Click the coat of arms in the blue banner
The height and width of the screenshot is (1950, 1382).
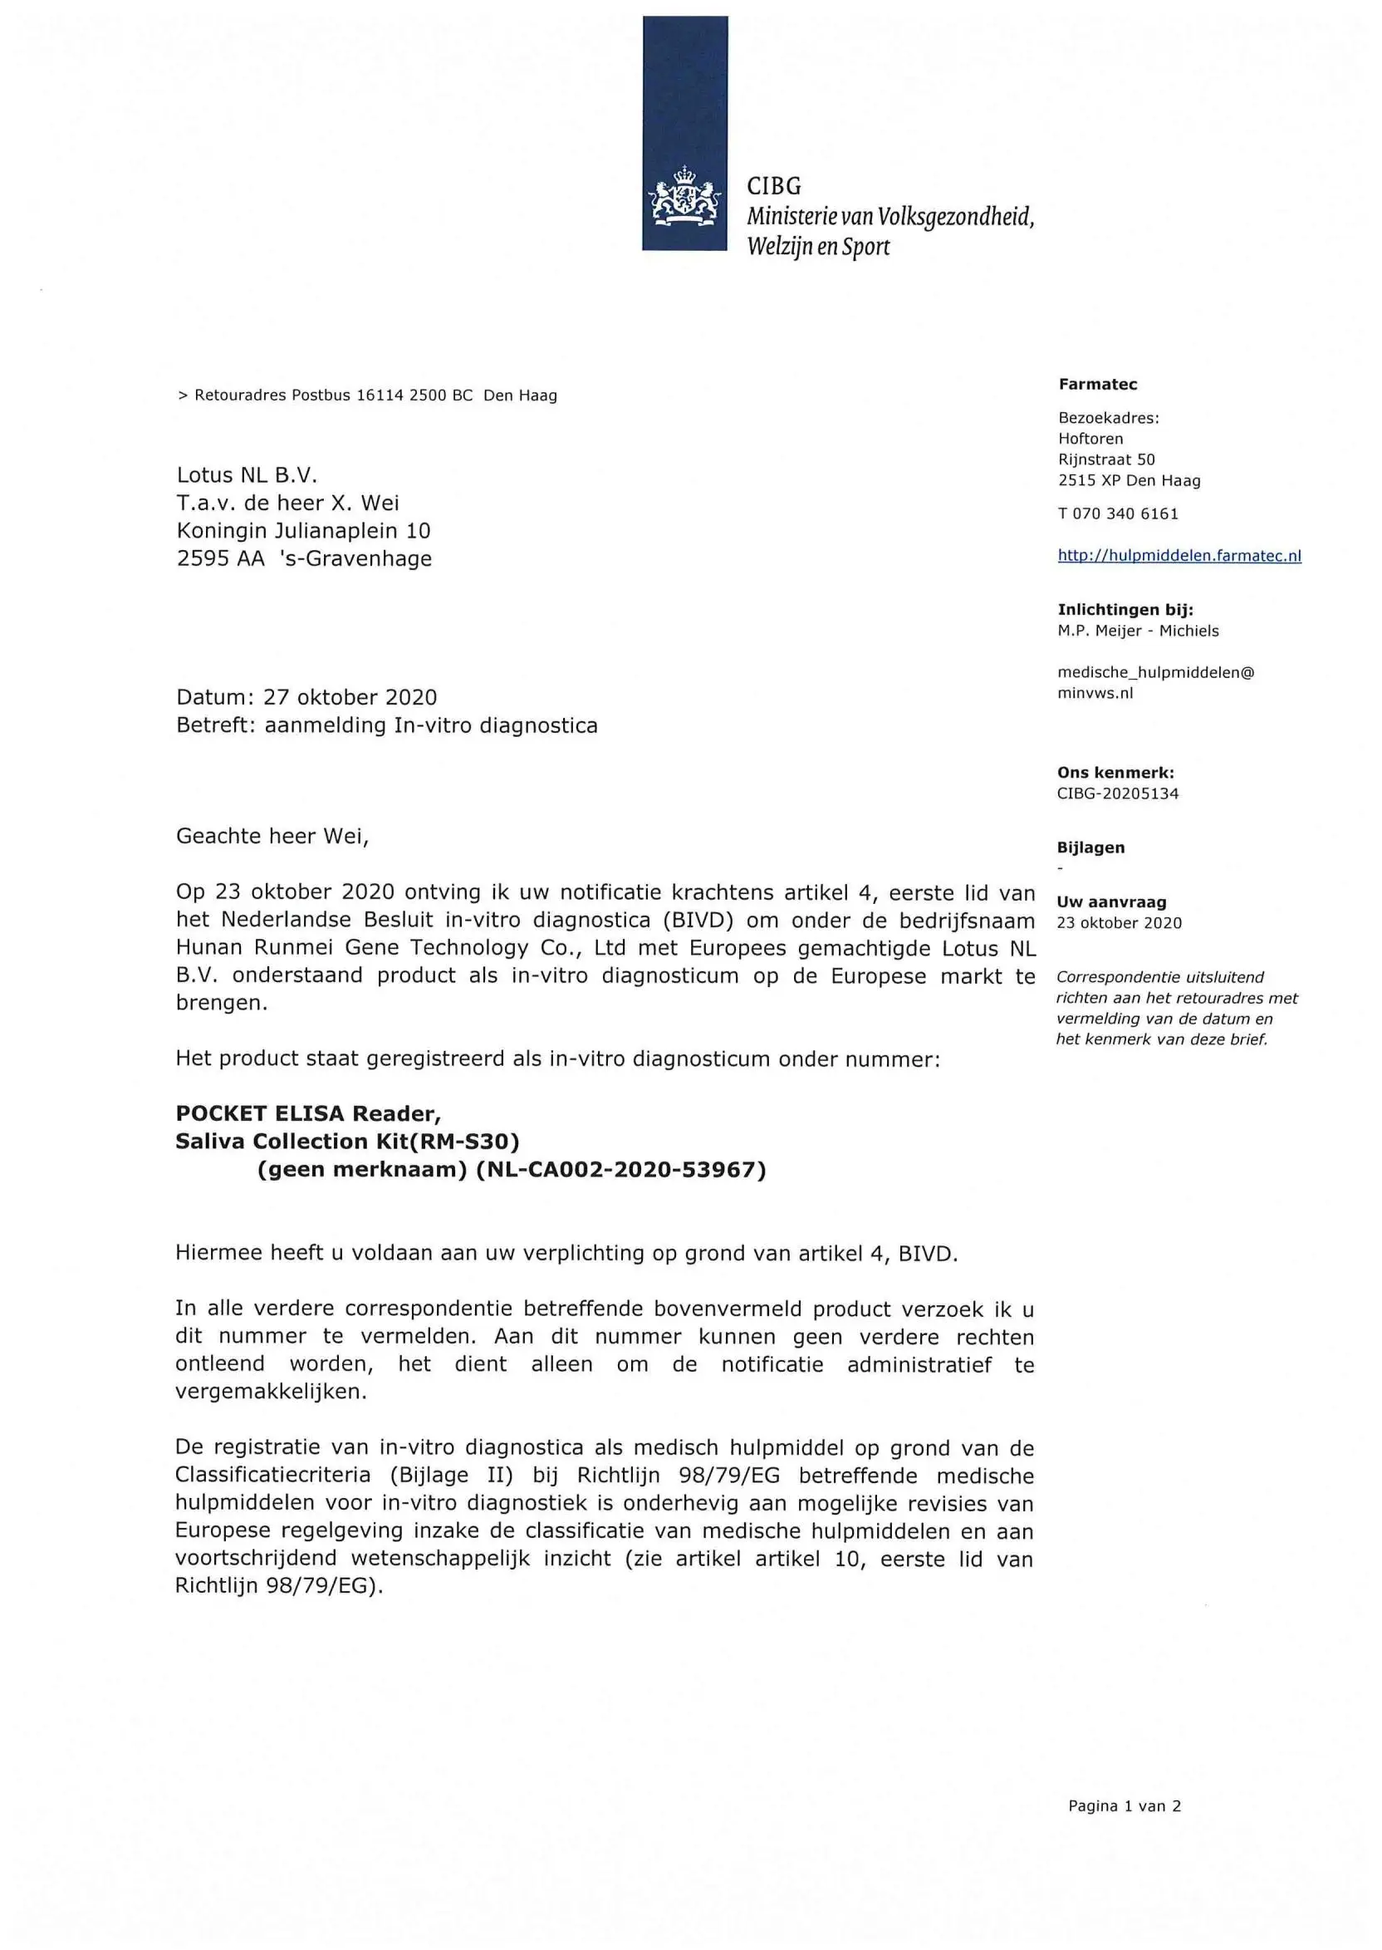pos(684,198)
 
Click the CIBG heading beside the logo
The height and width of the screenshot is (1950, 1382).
pos(773,185)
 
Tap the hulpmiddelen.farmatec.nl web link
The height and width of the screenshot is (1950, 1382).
pos(1179,556)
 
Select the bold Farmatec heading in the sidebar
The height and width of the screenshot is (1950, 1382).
pos(1097,384)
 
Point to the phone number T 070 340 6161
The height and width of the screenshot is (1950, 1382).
pos(1117,513)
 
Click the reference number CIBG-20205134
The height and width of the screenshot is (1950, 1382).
pos(1117,793)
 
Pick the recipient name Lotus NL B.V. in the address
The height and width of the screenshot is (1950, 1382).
pos(247,475)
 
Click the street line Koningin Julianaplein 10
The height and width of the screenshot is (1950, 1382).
pos(303,531)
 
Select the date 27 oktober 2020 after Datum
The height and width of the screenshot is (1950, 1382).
pos(350,697)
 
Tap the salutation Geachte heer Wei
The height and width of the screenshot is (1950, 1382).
pos(272,836)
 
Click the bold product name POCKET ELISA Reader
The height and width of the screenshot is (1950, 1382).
pos(308,1113)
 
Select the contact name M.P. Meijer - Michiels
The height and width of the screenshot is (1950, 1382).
pos(1138,631)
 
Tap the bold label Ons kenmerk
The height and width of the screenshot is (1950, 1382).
pos(1115,773)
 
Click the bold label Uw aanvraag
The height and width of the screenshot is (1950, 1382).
pos(1111,902)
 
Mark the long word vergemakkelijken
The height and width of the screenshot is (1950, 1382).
pos(271,1392)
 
